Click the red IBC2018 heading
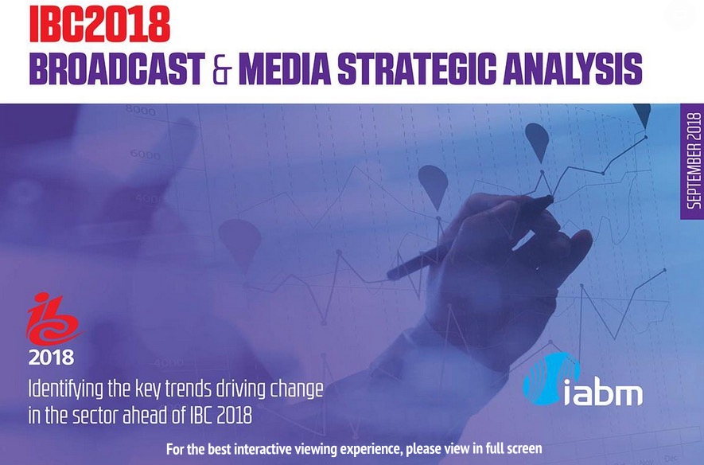click(99, 25)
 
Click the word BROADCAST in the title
click(117, 68)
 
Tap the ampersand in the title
click(222, 69)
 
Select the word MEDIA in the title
click(285, 68)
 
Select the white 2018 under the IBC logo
click(51, 358)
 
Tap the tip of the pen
click(552, 198)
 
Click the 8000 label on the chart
click(140, 110)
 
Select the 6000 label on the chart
click(145, 155)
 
